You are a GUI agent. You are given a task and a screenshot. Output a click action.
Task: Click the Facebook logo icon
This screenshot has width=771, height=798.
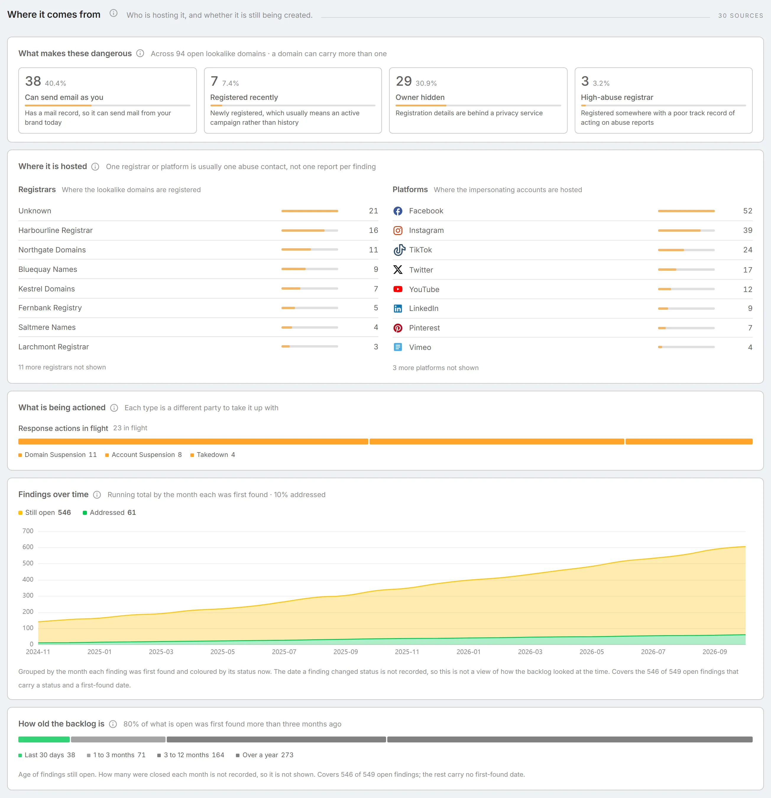[398, 211]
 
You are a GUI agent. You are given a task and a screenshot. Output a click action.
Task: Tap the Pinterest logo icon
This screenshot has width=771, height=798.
[398, 328]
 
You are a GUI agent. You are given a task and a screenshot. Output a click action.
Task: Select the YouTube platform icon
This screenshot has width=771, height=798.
[398, 289]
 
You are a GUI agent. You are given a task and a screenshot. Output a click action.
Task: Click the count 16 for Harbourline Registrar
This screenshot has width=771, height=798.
[373, 231]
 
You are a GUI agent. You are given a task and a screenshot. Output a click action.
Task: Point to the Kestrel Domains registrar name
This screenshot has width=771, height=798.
[46, 289]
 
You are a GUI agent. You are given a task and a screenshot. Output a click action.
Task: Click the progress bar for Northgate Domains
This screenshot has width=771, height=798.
[310, 249]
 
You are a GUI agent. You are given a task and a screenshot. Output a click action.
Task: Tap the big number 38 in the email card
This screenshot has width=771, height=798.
[33, 82]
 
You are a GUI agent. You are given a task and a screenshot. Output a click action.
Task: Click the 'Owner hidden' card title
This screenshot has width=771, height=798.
[420, 97]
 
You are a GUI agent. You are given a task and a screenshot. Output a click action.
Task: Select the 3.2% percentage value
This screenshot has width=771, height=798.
[601, 83]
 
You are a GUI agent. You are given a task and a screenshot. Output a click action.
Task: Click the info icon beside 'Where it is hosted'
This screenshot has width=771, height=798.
[95, 166]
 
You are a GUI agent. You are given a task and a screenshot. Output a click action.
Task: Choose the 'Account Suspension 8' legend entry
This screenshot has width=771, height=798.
[143, 455]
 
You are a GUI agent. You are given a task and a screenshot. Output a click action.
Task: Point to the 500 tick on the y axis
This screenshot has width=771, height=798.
[28, 563]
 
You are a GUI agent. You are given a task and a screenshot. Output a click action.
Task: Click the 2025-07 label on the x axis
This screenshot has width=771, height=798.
[284, 652]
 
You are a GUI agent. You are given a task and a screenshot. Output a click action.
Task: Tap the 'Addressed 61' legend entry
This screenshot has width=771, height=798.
[109, 512]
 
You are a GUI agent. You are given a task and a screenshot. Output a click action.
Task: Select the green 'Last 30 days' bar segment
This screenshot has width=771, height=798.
[44, 739]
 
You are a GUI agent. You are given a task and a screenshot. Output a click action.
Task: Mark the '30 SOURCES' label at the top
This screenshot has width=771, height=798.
[741, 15]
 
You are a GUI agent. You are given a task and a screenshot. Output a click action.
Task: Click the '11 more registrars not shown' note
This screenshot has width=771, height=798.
[62, 367]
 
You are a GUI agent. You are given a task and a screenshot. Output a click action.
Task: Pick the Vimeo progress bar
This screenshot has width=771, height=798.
[686, 347]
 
